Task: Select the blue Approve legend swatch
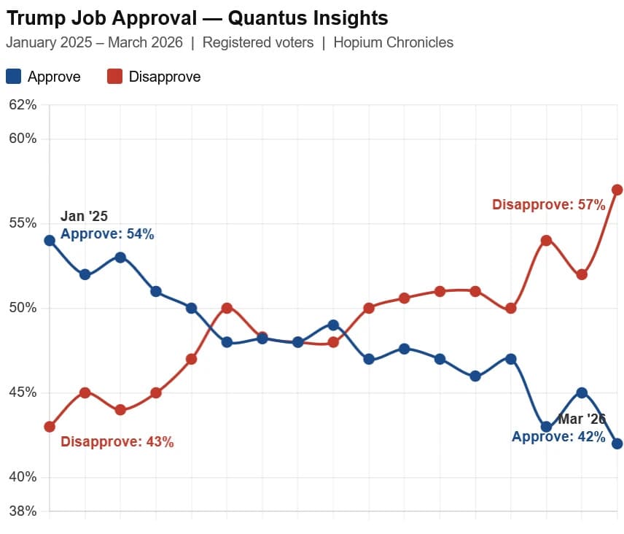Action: pyautogui.click(x=13, y=76)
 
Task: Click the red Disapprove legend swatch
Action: pyautogui.click(x=114, y=76)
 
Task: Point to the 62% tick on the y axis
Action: pyautogui.click(x=22, y=105)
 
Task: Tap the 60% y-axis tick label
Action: pyautogui.click(x=22, y=139)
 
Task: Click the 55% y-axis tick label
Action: pyautogui.click(x=22, y=223)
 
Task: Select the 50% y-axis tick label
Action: pyautogui.click(x=22, y=308)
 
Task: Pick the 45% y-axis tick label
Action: pyautogui.click(x=22, y=392)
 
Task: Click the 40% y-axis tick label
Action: pyautogui.click(x=22, y=477)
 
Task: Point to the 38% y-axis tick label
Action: pyautogui.click(x=22, y=511)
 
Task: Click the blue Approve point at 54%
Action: pyautogui.click(x=50, y=240)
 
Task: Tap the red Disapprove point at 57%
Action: pyautogui.click(x=617, y=190)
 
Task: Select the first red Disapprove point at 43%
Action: pyautogui.click(x=50, y=426)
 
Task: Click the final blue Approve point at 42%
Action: pyautogui.click(x=617, y=444)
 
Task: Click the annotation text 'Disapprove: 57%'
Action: pyautogui.click(x=548, y=205)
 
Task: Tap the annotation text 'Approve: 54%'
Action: pyautogui.click(x=107, y=234)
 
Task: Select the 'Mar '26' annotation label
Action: pyautogui.click(x=582, y=419)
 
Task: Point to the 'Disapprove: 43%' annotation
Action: pyautogui.click(x=117, y=441)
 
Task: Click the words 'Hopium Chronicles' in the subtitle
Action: pyautogui.click(x=393, y=42)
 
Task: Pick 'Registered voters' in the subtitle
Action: pyautogui.click(x=258, y=42)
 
